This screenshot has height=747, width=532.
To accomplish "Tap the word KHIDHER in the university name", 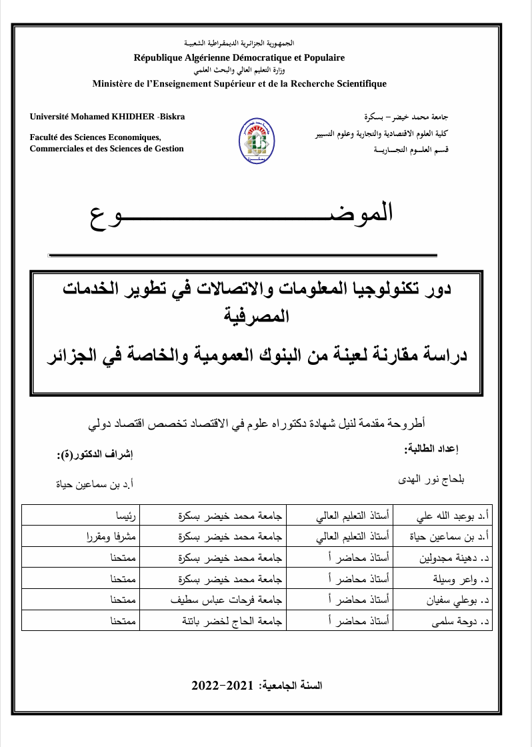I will coord(131,117).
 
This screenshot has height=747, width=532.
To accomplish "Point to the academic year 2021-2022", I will coord(223,686).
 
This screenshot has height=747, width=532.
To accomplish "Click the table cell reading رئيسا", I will coord(125,516).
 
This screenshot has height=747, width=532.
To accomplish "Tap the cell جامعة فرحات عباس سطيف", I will coord(226,600).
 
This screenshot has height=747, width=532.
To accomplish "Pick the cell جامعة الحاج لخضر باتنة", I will coord(231,622).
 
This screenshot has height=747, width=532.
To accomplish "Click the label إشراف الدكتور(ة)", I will coord(95,455).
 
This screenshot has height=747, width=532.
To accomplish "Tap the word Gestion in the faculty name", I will coord(168,149).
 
